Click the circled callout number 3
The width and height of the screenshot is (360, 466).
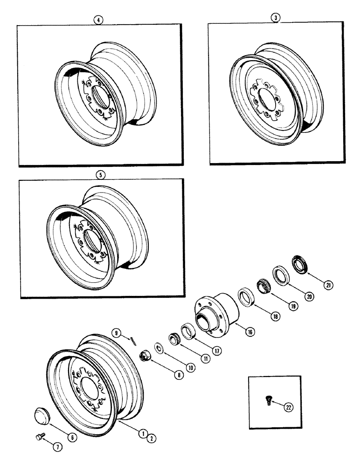tap(277, 18)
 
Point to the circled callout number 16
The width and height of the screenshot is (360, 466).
tap(250, 332)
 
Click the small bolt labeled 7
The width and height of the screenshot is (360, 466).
tap(40, 437)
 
